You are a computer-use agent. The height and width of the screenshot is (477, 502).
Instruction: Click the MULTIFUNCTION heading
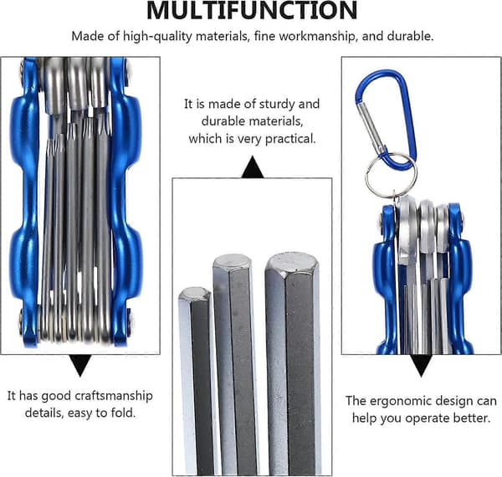coord(252,10)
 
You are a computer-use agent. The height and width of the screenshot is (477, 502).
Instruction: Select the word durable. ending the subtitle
coord(410,36)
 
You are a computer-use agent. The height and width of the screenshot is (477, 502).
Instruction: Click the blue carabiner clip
coord(387,119)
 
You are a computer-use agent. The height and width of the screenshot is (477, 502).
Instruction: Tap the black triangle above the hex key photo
coord(253,167)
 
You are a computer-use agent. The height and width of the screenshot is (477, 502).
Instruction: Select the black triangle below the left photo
coord(80,366)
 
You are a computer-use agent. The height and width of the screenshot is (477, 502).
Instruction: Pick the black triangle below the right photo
coord(422,366)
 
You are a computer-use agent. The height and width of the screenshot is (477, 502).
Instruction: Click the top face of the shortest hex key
coord(194,293)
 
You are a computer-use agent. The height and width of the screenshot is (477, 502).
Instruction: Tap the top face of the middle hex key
coord(231,262)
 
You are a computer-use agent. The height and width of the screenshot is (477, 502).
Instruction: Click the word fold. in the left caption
coord(123,413)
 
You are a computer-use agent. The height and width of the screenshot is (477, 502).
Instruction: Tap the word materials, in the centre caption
coord(252,121)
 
